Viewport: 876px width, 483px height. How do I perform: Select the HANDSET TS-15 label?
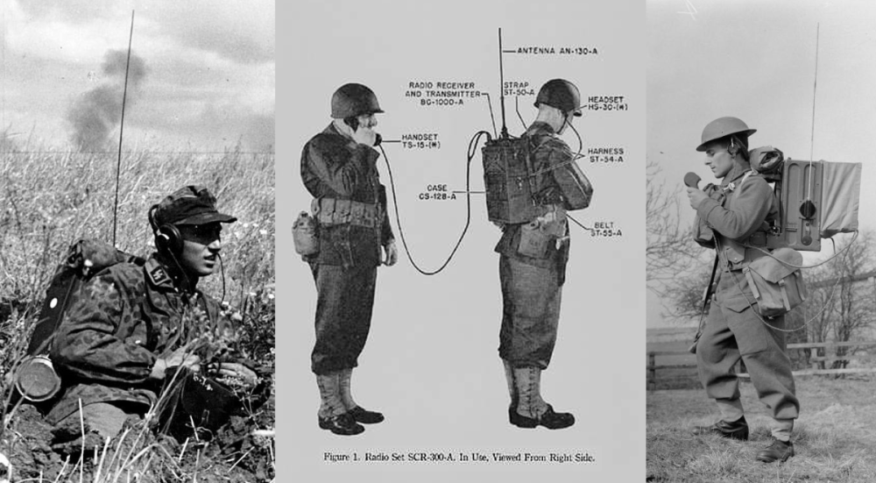click(x=420, y=140)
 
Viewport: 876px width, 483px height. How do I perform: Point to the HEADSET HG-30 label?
click(x=606, y=103)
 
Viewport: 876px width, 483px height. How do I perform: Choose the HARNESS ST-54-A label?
click(x=605, y=155)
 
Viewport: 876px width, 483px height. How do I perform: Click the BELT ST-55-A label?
click(x=605, y=228)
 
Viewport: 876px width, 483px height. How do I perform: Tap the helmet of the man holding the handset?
click(x=355, y=100)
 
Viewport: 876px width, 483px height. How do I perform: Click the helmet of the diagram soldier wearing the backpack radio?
click(x=558, y=95)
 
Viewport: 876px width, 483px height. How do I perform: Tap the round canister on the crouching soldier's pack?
click(x=38, y=378)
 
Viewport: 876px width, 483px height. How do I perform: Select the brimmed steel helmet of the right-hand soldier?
click(x=724, y=131)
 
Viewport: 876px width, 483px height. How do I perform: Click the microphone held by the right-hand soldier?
click(x=692, y=180)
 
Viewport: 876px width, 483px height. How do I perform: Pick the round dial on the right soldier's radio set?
click(x=807, y=210)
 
